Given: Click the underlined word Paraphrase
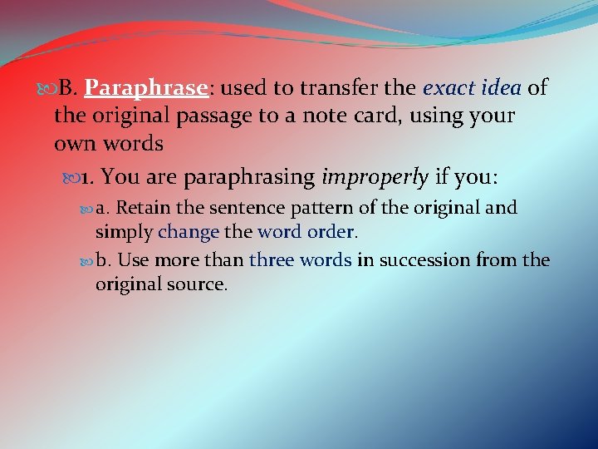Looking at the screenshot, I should coord(145,88).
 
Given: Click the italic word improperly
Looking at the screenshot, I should coord(375,176).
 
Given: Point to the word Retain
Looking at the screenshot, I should coord(142,207).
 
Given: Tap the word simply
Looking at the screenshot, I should coord(124,231).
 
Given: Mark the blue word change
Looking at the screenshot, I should coord(189,231).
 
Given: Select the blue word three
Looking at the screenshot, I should coord(272,260).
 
